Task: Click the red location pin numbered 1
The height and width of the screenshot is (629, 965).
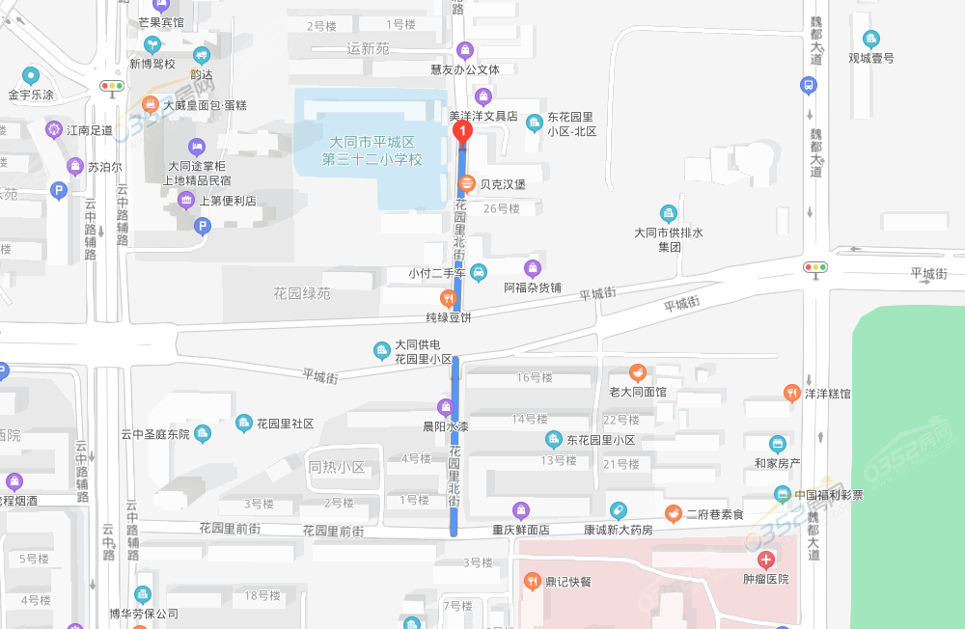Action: click(x=463, y=130)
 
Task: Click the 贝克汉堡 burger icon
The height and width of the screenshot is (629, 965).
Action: click(x=466, y=182)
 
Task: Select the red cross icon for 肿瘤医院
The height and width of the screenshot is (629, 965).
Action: click(x=765, y=560)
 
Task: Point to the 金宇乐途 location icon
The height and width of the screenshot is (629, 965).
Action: click(x=31, y=75)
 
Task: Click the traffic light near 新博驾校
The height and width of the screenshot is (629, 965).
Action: click(x=112, y=87)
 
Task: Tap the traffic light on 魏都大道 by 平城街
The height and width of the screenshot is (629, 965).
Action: click(x=816, y=267)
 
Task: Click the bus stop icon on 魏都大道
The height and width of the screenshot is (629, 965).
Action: click(x=808, y=85)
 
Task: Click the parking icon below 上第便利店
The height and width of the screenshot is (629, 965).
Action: click(x=202, y=227)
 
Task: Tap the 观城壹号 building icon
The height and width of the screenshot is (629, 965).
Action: click(x=871, y=40)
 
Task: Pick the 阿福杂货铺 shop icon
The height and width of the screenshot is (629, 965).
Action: click(x=533, y=268)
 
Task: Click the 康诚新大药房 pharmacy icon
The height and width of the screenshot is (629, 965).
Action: click(x=618, y=510)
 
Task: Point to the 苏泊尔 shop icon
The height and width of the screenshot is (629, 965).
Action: click(x=74, y=167)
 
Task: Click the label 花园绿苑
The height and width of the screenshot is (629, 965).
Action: click(x=301, y=293)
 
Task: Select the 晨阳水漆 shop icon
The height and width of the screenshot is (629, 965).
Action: click(x=446, y=407)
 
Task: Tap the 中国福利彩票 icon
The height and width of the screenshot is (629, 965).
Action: click(x=783, y=495)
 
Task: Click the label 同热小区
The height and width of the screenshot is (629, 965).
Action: click(x=336, y=468)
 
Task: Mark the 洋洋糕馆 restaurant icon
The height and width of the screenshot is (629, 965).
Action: click(x=791, y=393)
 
